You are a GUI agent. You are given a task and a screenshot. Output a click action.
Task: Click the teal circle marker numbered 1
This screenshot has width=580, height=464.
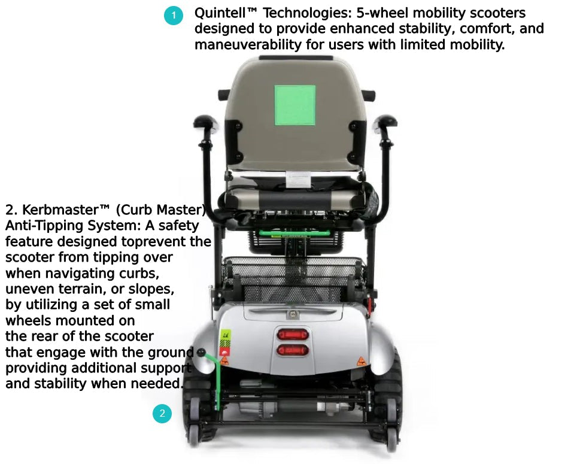click(x=174, y=16)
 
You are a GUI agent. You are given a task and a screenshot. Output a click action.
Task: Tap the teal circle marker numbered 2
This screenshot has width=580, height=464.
click(x=162, y=413)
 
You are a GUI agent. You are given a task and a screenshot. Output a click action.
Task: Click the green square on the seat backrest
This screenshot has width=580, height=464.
click(x=294, y=105)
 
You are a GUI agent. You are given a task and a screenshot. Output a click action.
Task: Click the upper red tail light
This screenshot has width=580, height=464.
click(x=293, y=335)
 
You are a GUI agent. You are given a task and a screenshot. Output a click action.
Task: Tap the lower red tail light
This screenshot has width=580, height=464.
click(x=293, y=350)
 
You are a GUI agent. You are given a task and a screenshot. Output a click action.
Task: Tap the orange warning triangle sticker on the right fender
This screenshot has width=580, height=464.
click(x=361, y=362)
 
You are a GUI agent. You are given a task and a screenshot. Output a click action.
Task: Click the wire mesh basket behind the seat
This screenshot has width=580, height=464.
click(x=293, y=275)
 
